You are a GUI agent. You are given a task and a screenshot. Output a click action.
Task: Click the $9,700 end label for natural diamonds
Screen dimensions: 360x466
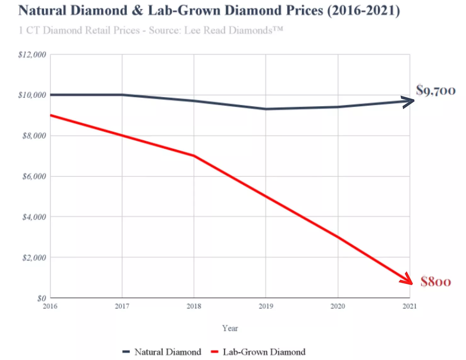[x=436, y=91]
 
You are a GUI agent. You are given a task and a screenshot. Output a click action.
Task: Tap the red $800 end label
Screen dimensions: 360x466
[x=436, y=282]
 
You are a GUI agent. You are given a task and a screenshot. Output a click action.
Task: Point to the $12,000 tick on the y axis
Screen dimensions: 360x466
[x=32, y=55]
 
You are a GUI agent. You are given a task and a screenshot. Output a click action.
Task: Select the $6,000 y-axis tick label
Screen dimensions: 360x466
[x=34, y=177]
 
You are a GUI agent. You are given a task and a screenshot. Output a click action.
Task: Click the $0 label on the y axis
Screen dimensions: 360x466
[x=42, y=298]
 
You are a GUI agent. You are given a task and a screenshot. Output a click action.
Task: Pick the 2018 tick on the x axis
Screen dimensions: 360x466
[x=194, y=306]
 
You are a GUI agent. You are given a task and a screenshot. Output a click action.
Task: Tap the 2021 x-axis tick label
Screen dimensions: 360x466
[x=410, y=306]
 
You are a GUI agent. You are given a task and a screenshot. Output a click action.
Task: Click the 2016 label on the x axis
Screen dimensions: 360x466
[x=50, y=306]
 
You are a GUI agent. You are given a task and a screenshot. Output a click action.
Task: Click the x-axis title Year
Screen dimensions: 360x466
[x=230, y=329]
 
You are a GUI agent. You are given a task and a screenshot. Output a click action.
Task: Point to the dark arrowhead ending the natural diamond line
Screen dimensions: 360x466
[x=410, y=101]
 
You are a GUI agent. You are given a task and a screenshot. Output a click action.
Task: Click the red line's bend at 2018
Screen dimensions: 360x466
[x=194, y=156]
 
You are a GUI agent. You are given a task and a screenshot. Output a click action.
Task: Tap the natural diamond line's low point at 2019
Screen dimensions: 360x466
[x=266, y=109]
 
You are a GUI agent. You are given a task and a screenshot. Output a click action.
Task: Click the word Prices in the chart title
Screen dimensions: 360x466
[x=304, y=10]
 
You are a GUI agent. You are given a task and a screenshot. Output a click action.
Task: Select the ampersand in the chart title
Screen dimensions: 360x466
[x=138, y=10]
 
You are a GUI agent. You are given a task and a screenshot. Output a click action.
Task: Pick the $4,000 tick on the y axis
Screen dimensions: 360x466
[x=34, y=217]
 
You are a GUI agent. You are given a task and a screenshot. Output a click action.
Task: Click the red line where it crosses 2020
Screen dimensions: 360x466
[x=338, y=237]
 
